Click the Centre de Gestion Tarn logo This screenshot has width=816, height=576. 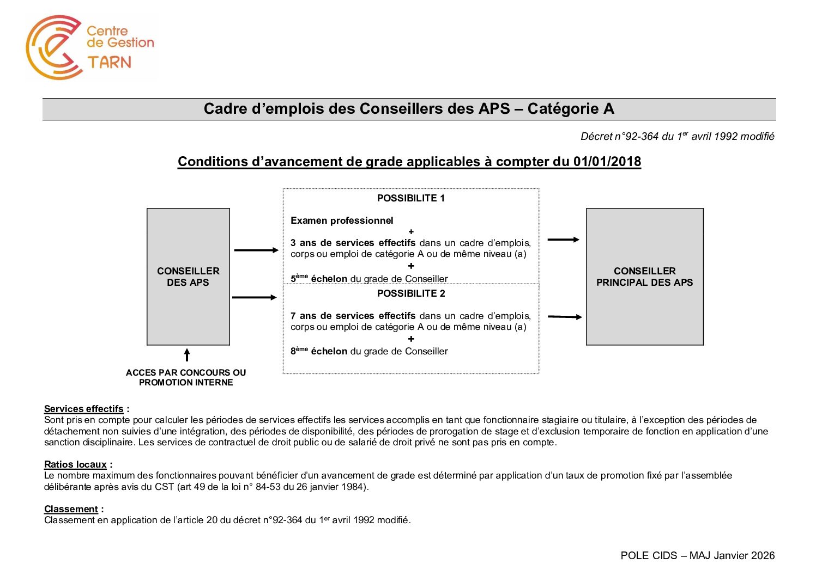pyautogui.click(x=90, y=47)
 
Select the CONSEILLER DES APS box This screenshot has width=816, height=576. pyautogui.click(x=188, y=277)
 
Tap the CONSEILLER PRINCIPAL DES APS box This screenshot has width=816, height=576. pyautogui.click(x=644, y=277)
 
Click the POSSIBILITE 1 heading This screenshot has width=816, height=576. pyautogui.click(x=410, y=198)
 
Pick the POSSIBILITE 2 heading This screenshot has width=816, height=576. pyautogui.click(x=410, y=293)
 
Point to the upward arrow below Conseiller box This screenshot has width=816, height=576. pyautogui.click(x=187, y=355)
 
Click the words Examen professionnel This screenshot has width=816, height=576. pyautogui.click(x=342, y=220)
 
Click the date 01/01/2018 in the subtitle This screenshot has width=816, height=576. pyautogui.click(x=607, y=162)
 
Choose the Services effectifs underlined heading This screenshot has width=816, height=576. pyautogui.click(x=84, y=409)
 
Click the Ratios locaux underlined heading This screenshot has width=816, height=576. pyautogui.click(x=75, y=464)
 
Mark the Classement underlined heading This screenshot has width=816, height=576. pyautogui.click(x=71, y=509)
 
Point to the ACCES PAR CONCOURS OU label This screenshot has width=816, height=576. pyautogui.click(x=186, y=372)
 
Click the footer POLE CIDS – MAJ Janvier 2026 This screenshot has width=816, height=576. pyautogui.click(x=697, y=555)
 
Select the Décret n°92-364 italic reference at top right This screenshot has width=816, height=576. pyautogui.click(x=677, y=137)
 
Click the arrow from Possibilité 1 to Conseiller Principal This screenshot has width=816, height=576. pyautogui.click(x=563, y=240)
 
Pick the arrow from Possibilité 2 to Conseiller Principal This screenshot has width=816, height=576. pyautogui.click(x=564, y=316)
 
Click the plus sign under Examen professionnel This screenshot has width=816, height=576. pyautogui.click(x=411, y=232)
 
